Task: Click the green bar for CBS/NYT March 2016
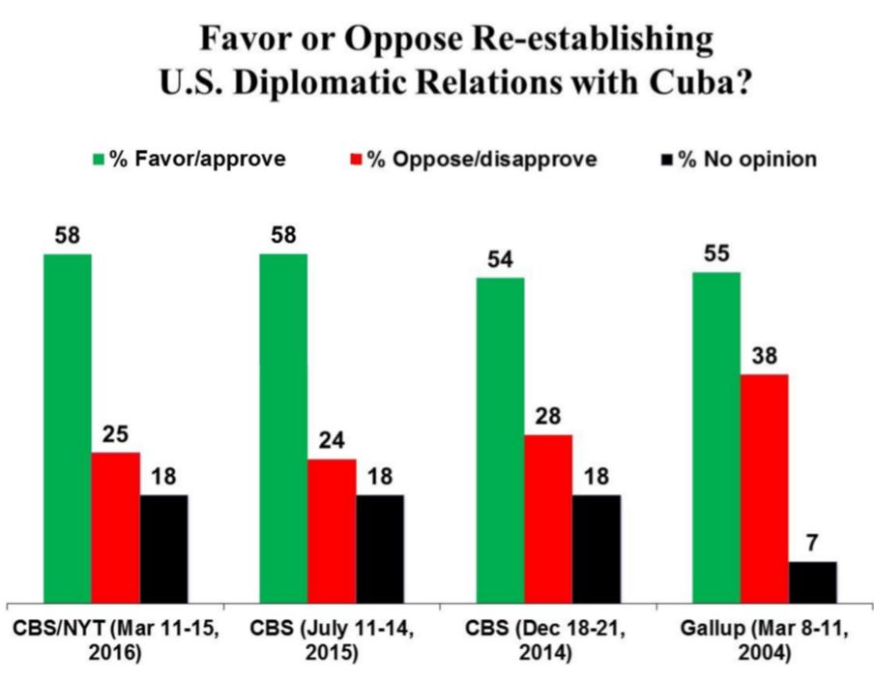coord(68,427)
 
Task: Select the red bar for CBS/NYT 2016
coord(116,526)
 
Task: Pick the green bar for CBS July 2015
coord(283,427)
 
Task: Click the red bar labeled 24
coord(332,529)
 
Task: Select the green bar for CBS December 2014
coord(500,439)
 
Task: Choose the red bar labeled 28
coord(548,518)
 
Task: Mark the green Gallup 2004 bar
coord(716,436)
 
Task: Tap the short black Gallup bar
coord(813,580)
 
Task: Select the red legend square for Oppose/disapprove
coord(356,160)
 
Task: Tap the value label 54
coord(500,259)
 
